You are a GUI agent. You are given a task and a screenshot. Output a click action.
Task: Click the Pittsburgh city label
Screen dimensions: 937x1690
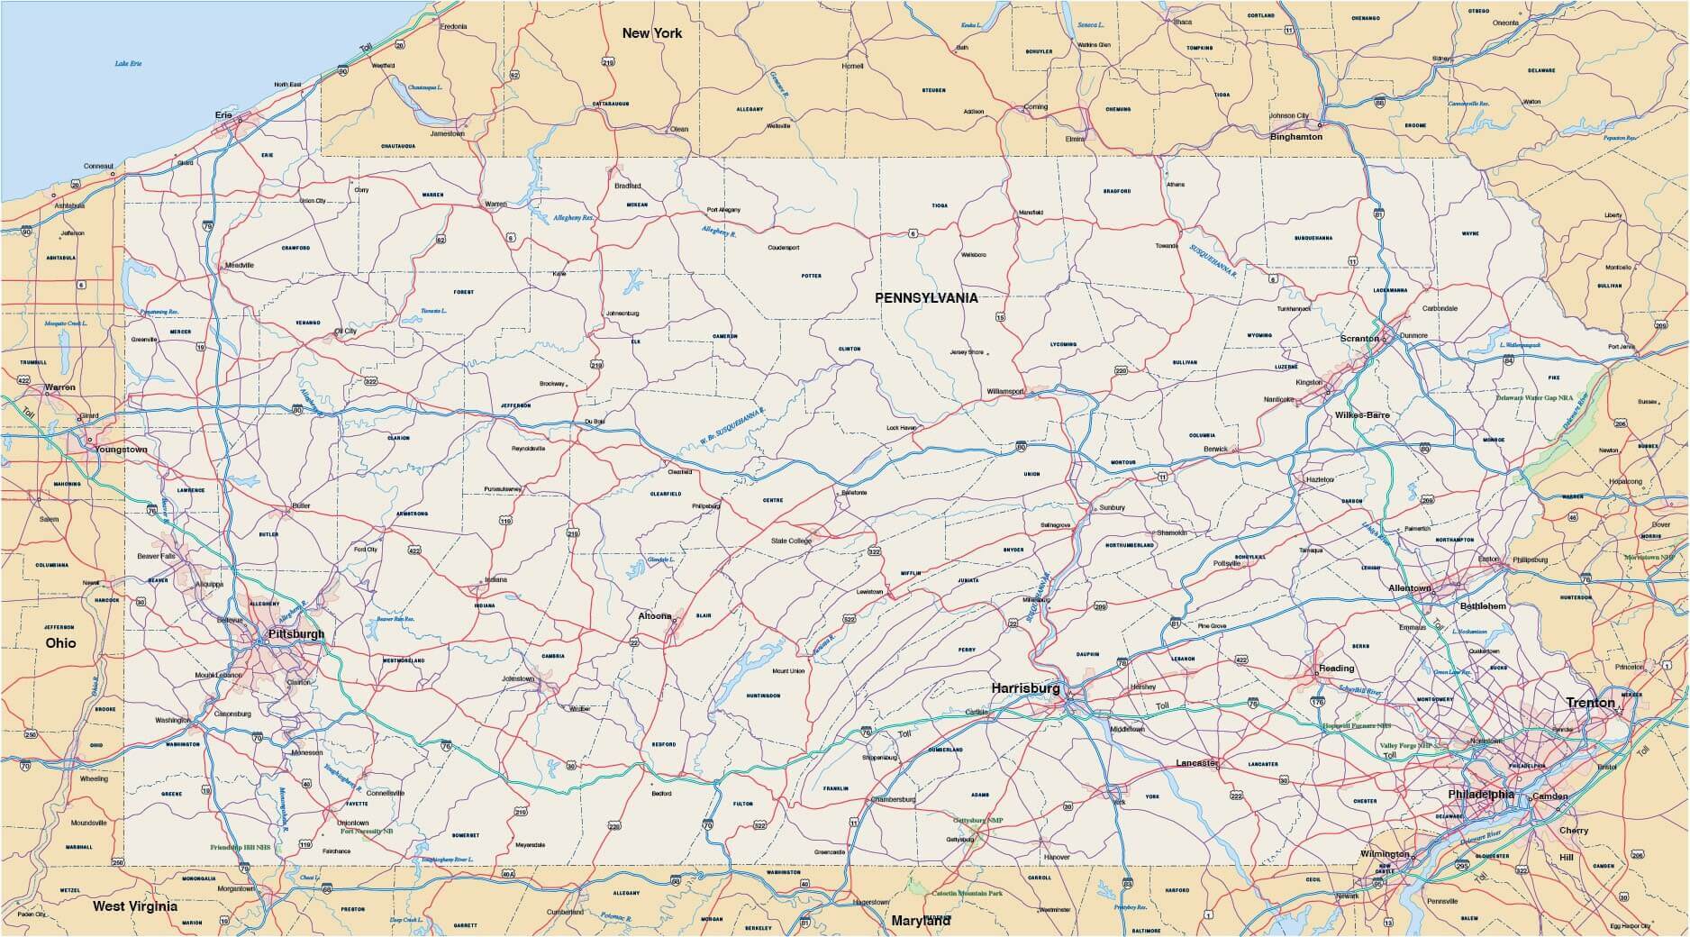click(x=295, y=634)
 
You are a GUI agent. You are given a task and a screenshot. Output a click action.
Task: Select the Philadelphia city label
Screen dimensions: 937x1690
click(x=1481, y=795)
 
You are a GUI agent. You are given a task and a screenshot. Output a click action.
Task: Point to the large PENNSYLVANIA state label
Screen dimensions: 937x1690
click(x=924, y=296)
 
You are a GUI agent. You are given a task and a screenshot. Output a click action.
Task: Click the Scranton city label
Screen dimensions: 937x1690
click(x=1359, y=339)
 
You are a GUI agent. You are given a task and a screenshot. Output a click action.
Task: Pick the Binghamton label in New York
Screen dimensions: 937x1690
click(x=1295, y=137)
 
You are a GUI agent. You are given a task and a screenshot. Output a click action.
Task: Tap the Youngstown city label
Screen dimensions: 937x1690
click(x=122, y=449)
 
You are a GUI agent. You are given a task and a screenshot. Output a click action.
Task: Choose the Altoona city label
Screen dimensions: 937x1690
click(x=655, y=616)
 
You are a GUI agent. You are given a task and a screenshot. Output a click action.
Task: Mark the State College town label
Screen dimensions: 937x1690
click(x=791, y=541)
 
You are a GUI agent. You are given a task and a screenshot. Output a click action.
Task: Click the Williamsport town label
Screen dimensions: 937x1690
click(x=1004, y=392)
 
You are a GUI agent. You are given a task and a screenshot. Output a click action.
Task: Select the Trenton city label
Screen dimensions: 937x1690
click(x=1590, y=703)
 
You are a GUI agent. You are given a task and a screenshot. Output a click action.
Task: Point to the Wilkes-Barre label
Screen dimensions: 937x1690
click(x=1362, y=415)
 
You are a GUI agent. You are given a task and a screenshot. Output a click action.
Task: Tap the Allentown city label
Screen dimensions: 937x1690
click(x=1409, y=588)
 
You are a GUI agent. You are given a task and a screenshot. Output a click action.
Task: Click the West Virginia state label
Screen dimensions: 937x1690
click(x=135, y=906)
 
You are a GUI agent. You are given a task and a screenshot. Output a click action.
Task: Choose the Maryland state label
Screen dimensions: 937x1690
click(x=921, y=922)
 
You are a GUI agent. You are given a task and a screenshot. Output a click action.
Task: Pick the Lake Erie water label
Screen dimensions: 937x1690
click(x=129, y=64)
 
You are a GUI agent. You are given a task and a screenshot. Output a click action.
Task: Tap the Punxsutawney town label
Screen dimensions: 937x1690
click(x=503, y=489)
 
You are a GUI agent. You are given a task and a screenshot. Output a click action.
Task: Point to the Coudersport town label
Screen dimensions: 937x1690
click(x=784, y=248)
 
